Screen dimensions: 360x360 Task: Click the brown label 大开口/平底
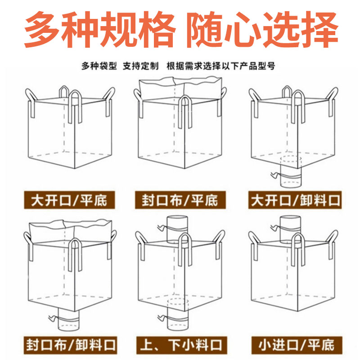69,200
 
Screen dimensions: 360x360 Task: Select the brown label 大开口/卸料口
295,200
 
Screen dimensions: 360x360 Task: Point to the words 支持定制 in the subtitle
140,66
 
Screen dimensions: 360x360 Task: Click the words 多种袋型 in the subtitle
99,66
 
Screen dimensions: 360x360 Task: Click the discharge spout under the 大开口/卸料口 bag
291,172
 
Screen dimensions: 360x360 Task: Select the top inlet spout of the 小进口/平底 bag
290,229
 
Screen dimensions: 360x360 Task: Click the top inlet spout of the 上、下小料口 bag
177,229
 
